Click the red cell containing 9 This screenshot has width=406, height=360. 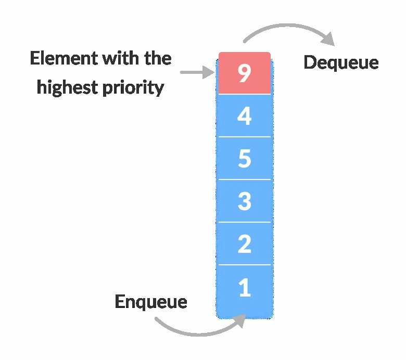245,73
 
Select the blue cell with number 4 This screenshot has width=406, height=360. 245,115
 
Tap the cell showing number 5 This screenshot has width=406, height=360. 245,158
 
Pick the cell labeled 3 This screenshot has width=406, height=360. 245,201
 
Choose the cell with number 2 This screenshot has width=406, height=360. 245,243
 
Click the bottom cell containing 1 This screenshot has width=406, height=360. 245,292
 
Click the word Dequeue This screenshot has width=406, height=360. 341,63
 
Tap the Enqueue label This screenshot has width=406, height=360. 151,302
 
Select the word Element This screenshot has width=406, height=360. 64,58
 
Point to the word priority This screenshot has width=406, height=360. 133,87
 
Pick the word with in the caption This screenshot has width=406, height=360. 121,58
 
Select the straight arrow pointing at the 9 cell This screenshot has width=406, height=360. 198,72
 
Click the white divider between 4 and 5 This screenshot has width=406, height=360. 245,137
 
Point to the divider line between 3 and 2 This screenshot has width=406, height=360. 245,222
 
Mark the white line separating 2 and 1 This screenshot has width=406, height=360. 245,265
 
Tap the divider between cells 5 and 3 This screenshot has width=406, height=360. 245,179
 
